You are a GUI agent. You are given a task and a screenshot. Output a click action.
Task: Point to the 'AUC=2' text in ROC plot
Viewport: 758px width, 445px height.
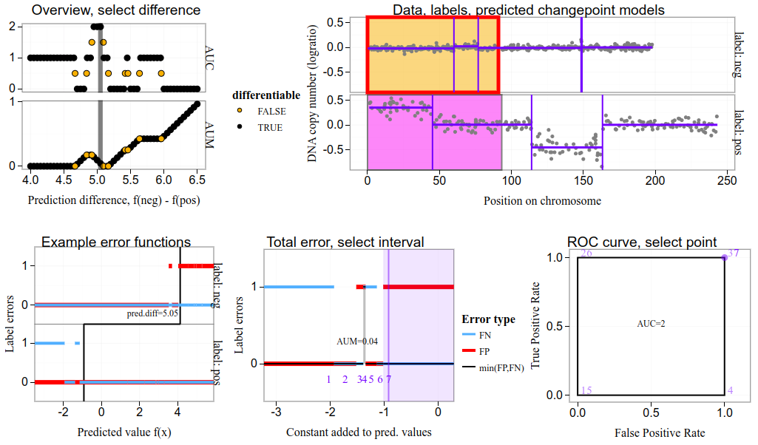[x=651, y=325]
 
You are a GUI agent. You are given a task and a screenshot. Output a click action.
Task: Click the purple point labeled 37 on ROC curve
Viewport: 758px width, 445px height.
[x=724, y=257]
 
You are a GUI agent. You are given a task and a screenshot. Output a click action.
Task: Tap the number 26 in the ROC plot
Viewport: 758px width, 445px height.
[x=586, y=254]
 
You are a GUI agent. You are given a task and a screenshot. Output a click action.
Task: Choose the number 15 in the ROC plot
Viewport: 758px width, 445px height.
[x=586, y=390]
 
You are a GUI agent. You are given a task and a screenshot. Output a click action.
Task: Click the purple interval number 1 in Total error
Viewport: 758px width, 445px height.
[x=328, y=379]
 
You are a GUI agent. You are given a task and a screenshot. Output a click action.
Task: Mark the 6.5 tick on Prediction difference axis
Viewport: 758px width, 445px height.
[x=197, y=180]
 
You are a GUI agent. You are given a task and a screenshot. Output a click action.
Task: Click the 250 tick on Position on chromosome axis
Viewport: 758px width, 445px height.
[x=726, y=180]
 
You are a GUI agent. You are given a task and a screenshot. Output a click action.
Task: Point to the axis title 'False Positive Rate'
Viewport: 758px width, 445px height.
[x=651, y=432]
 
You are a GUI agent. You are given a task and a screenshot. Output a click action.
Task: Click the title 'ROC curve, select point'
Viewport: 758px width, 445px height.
[x=641, y=242]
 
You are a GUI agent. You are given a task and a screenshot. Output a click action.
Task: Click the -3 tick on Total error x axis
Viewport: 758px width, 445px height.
[x=276, y=411]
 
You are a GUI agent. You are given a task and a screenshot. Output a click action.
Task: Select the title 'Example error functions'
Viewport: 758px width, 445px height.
[x=116, y=242]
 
